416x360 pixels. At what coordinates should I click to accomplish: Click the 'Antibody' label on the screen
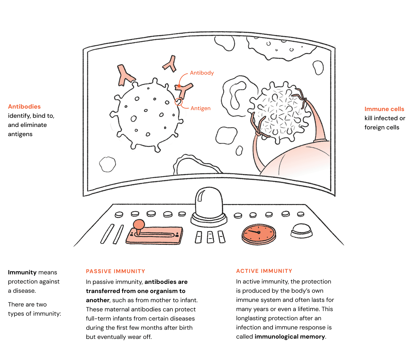(x=202, y=73)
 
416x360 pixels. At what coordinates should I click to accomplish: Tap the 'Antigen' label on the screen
(x=200, y=108)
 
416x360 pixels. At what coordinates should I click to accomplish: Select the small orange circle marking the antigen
(x=179, y=102)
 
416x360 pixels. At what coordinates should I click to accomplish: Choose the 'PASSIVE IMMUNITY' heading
(x=115, y=271)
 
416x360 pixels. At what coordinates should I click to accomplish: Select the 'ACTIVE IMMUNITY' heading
(x=264, y=271)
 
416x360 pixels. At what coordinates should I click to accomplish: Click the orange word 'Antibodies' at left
(x=24, y=107)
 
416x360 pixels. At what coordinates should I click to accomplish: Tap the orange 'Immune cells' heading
(x=384, y=109)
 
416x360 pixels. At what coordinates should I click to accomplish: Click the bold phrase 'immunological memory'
(x=290, y=337)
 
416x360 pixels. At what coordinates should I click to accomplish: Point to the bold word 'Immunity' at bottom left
(x=22, y=273)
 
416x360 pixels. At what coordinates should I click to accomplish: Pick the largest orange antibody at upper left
(x=125, y=75)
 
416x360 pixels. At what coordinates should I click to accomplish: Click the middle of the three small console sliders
(x=210, y=237)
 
